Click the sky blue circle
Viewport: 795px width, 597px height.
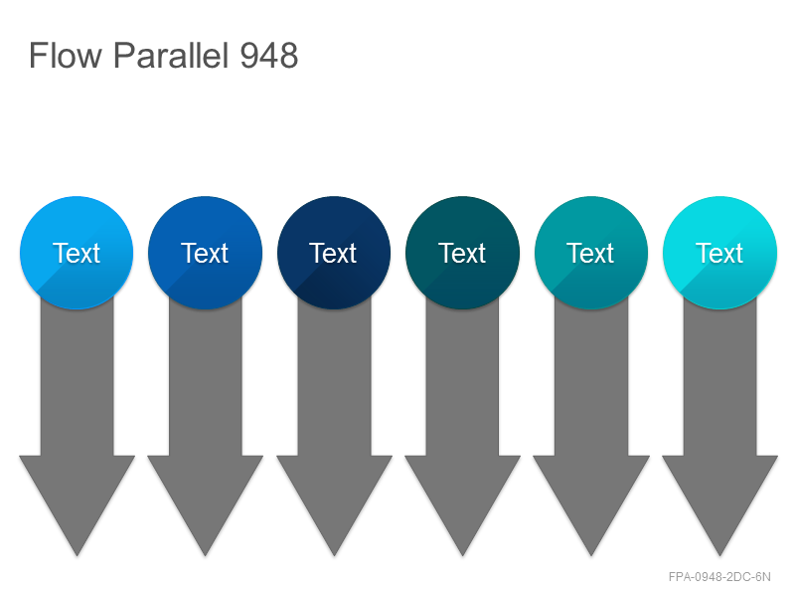[x=77, y=253]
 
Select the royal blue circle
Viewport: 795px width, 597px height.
[x=206, y=253]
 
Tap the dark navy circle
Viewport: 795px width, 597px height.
[x=334, y=253]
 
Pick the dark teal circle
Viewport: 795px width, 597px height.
[x=462, y=253]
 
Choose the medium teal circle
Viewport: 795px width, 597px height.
[x=591, y=253]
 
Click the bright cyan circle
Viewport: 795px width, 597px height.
[x=719, y=253]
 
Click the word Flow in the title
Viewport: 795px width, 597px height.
[x=66, y=55]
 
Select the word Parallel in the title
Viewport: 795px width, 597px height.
[x=170, y=55]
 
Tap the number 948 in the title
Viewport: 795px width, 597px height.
[x=268, y=56]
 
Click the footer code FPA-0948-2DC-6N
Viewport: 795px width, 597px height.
[x=719, y=577]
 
